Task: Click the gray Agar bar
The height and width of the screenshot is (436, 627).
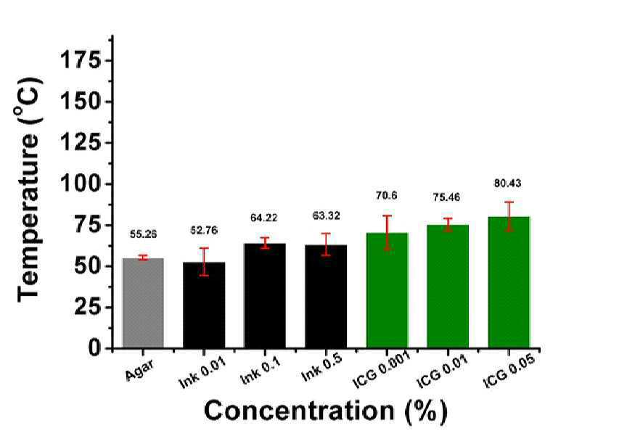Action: pyautogui.click(x=143, y=303)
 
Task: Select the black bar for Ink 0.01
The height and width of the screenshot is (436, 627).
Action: pyautogui.click(x=204, y=305)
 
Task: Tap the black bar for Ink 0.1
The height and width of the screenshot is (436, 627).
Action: pyautogui.click(x=265, y=296)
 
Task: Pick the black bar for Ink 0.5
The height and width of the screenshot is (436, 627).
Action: pyautogui.click(x=326, y=297)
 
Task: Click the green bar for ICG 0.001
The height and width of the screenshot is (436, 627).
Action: pyautogui.click(x=387, y=290)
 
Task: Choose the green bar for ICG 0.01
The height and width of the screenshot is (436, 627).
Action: pyautogui.click(x=448, y=287)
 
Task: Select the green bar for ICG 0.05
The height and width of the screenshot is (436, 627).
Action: pyautogui.click(x=509, y=282)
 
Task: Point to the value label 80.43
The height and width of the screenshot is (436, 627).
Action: pyautogui.click(x=507, y=184)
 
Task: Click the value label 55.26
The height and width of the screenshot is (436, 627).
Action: pyautogui.click(x=143, y=234)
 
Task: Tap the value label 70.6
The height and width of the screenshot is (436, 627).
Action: pyautogui.click(x=386, y=196)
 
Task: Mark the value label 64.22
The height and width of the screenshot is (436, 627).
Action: pyautogui.click(x=264, y=218)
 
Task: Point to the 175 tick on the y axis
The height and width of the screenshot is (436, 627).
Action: pyautogui.click(x=81, y=60)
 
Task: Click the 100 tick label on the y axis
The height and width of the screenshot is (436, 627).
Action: pyautogui.click(x=81, y=184)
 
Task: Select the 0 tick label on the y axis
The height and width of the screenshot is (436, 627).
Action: pyautogui.click(x=94, y=348)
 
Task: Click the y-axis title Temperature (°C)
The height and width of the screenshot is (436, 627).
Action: pyautogui.click(x=29, y=190)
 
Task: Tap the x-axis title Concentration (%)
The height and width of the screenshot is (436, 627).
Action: pyautogui.click(x=326, y=411)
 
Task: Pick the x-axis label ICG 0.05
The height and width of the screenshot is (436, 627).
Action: pyautogui.click(x=509, y=371)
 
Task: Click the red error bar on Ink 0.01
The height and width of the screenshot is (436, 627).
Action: pyautogui.click(x=204, y=262)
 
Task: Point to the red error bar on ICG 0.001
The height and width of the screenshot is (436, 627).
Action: pyautogui.click(x=387, y=233)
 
